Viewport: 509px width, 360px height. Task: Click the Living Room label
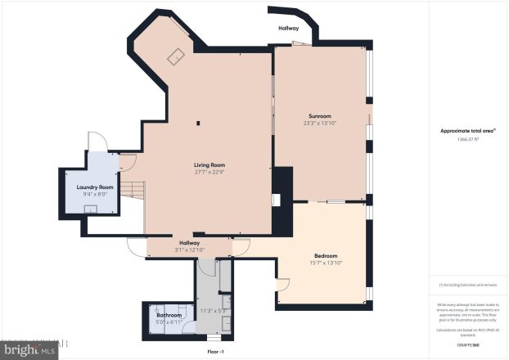click(x=209, y=165)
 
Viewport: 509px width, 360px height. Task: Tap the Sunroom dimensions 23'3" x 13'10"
click(x=319, y=123)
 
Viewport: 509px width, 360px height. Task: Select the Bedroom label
click(x=325, y=255)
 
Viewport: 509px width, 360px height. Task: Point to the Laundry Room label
click(x=94, y=187)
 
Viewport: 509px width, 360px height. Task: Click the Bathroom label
click(x=169, y=315)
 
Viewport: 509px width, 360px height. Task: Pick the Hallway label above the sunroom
click(x=289, y=28)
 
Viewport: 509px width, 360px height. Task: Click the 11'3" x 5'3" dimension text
click(x=212, y=311)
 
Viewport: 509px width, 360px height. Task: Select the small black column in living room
click(x=197, y=124)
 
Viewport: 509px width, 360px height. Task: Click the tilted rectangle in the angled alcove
click(x=176, y=56)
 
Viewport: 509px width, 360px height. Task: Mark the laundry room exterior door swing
click(x=97, y=142)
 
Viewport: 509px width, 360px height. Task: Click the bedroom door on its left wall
click(x=283, y=285)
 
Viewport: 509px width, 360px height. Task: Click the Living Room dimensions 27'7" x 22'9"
click(x=209, y=173)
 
